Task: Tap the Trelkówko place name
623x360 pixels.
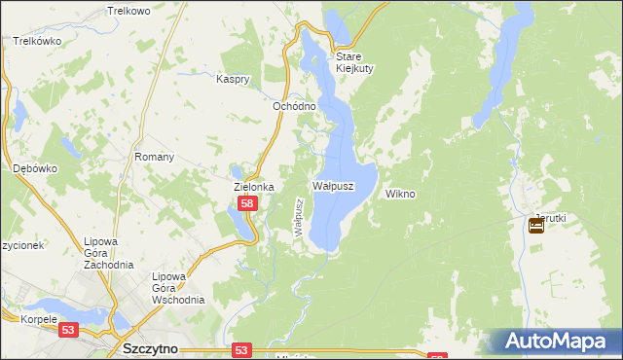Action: click(x=38, y=42)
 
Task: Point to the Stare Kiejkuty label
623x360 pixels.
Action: click(x=355, y=62)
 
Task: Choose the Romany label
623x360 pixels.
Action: click(x=155, y=157)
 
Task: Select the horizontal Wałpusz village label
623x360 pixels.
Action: click(x=333, y=185)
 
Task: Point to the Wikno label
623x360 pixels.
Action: click(x=400, y=194)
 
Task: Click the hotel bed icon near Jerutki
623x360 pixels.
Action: click(x=536, y=227)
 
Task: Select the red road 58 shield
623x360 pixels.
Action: click(x=248, y=203)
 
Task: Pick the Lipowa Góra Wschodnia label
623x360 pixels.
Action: click(x=177, y=288)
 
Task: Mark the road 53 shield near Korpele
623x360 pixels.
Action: click(x=68, y=330)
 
